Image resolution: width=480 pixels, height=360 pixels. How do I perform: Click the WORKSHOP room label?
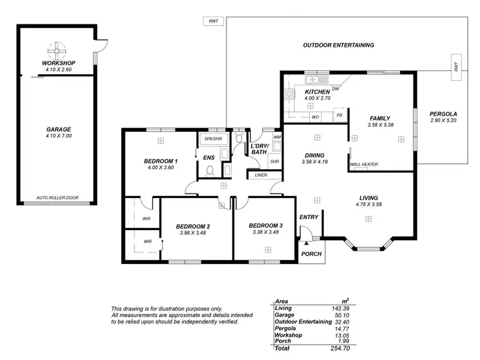click(59, 63)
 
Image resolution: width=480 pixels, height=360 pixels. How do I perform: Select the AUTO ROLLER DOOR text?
click(58, 198)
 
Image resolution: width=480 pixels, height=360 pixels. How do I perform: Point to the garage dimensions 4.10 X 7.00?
click(58, 136)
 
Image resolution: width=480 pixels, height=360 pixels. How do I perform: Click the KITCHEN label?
click(317, 92)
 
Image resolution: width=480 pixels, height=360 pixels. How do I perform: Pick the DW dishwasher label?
click(335, 88)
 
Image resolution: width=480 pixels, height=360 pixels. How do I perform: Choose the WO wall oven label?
click(315, 117)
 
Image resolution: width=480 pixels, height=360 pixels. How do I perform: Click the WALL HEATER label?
click(364, 165)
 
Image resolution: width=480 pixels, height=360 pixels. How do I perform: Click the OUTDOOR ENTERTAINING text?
click(339, 45)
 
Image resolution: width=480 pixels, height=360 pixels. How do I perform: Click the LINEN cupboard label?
click(260, 175)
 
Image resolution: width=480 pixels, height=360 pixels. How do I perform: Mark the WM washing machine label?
click(276, 138)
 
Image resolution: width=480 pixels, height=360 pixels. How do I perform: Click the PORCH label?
click(312, 254)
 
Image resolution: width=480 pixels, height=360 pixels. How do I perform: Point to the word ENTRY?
click(309, 217)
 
